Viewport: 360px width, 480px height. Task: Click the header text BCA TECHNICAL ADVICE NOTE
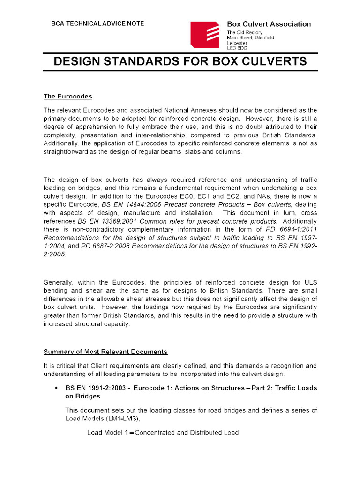pos(97,23)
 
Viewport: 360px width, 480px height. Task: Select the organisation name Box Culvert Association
pos(269,24)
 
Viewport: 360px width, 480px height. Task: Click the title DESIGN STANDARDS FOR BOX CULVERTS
pos(180,61)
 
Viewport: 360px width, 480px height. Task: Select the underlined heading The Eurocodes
pos(67,97)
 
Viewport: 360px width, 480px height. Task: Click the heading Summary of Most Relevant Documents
pos(105,352)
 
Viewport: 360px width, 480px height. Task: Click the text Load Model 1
pos(107,433)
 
